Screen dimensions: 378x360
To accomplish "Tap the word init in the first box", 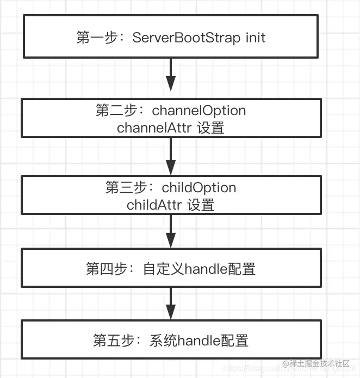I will (x=253, y=38).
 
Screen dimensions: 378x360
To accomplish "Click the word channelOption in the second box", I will (x=199, y=111).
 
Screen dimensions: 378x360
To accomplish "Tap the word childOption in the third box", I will (x=199, y=188).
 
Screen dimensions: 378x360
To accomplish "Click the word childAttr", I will (x=154, y=205).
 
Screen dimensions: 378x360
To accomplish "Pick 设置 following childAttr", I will (x=201, y=205).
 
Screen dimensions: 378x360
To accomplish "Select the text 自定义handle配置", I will (x=199, y=269).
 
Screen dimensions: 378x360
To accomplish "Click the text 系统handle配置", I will (x=199, y=341).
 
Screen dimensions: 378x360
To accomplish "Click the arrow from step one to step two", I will (x=171, y=75).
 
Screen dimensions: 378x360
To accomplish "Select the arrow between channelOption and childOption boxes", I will (x=171, y=156).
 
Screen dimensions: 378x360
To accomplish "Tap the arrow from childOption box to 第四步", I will (x=171, y=232).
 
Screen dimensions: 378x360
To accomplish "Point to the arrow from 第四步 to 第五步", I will (x=171, y=304).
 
